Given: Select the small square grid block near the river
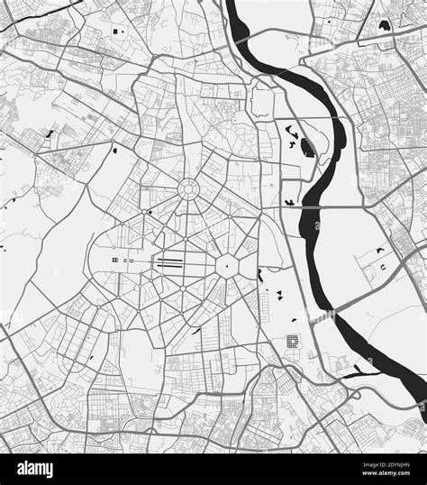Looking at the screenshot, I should click(x=292, y=342).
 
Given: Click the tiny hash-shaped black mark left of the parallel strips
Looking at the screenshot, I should click(x=116, y=261).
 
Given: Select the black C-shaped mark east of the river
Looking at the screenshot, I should click(x=384, y=268).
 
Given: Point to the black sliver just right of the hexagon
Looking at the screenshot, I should click(x=259, y=274).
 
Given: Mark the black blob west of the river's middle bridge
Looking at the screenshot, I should click(x=288, y=200).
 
